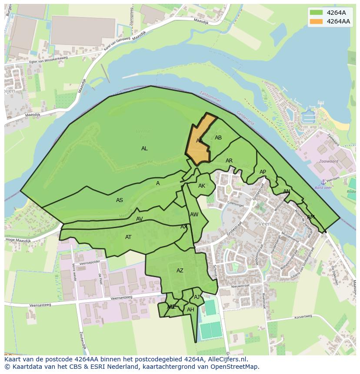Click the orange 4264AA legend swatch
[x=317, y=21]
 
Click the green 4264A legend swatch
[x=317, y=13]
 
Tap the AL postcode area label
[x=144, y=149]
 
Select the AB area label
[x=218, y=138]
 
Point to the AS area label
[x=120, y=200]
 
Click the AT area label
[x=128, y=237]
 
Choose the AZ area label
[x=180, y=271]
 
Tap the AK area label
[x=202, y=186]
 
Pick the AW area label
[x=194, y=215]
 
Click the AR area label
[x=229, y=161]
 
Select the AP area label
[x=263, y=172]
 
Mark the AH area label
[x=190, y=310]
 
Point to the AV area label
[x=140, y=219]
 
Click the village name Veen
[x=265, y=224]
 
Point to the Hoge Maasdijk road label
[x=18, y=240]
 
